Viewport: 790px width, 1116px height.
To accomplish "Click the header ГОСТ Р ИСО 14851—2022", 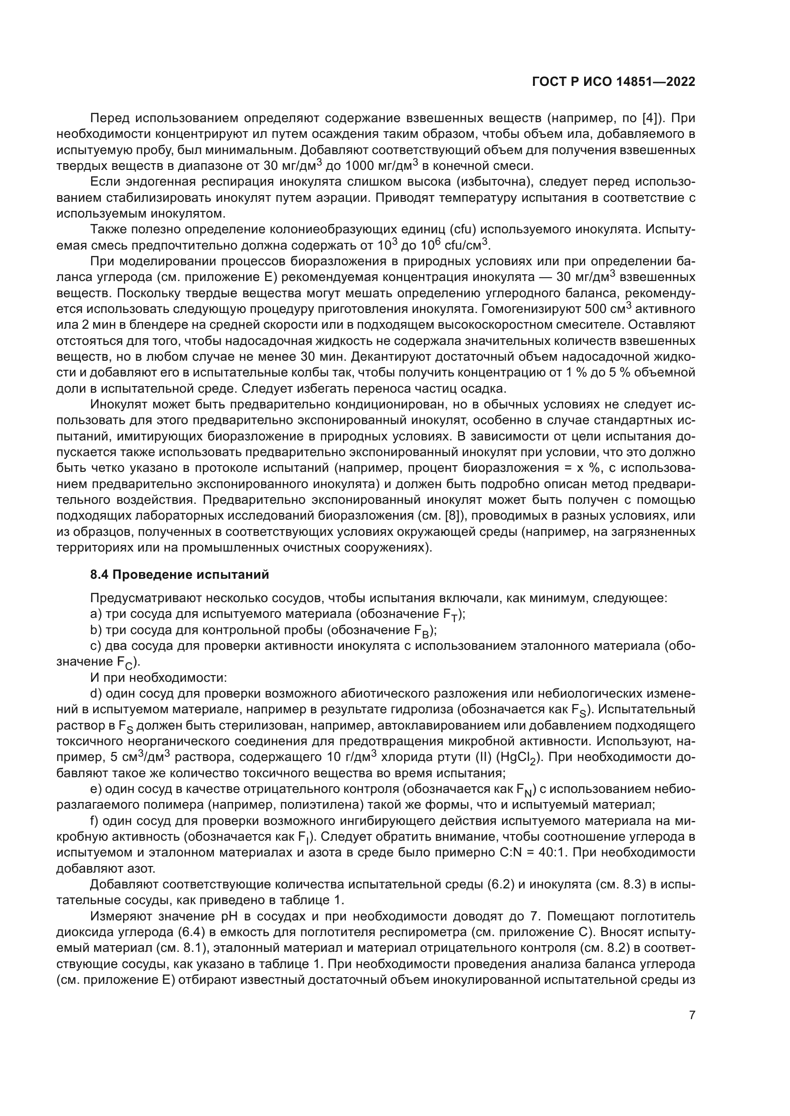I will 614,82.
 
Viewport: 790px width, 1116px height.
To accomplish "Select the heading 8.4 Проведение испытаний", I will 180,574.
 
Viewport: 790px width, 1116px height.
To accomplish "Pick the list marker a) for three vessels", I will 96,615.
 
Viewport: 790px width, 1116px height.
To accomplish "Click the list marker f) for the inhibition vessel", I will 95,822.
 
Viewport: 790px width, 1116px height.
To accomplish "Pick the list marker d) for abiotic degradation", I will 96,693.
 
